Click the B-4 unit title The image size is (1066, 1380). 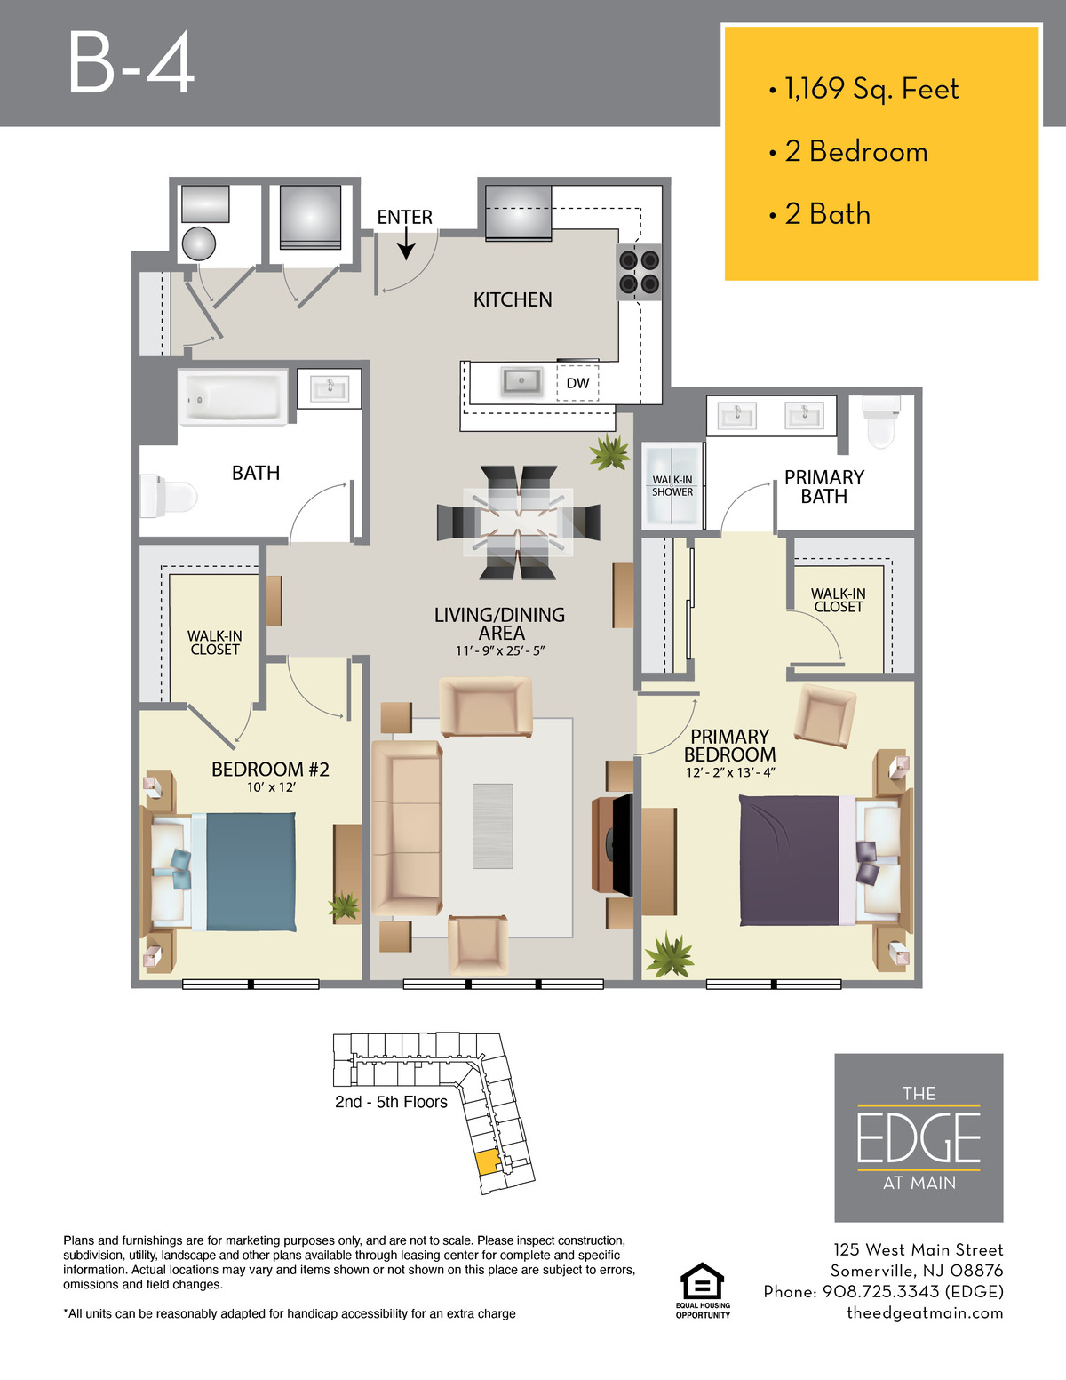[131, 63]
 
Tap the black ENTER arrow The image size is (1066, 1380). [406, 243]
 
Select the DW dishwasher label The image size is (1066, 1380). [577, 383]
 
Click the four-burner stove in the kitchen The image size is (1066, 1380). [639, 272]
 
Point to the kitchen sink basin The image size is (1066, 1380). [521, 381]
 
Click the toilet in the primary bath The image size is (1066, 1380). [880, 421]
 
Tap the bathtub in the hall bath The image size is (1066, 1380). [233, 397]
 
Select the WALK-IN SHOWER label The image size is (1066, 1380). [672, 486]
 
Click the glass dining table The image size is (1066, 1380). [518, 522]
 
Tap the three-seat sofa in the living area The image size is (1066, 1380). [407, 827]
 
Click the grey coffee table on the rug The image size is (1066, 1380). [493, 826]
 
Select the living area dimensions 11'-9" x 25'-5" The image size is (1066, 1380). [500, 651]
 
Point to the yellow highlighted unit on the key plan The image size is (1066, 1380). [487, 1161]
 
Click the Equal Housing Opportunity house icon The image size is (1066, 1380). [702, 1281]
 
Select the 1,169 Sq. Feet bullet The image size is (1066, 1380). [863, 89]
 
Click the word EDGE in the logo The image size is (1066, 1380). [919, 1137]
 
